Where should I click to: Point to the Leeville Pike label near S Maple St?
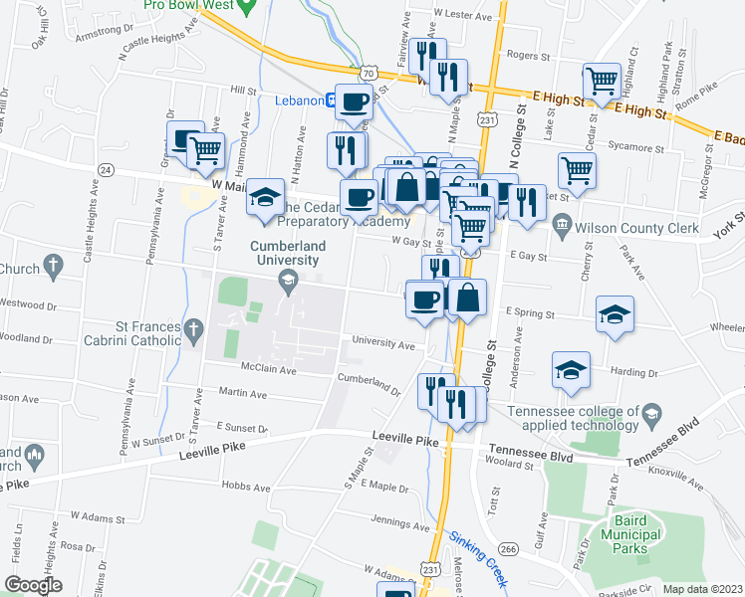[405, 438]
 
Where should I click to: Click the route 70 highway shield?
[369, 74]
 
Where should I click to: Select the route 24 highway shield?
[107, 170]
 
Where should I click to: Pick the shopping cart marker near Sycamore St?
[578, 169]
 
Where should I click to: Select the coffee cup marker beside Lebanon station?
[355, 100]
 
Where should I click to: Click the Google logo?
[32, 585]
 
